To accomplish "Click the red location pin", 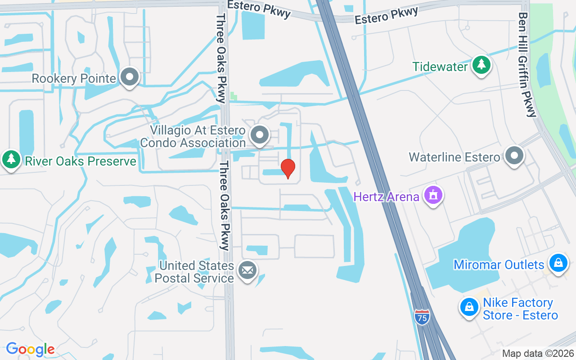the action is coord(288,168).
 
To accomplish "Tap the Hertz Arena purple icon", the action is coord(433,196).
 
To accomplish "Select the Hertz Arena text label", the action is coord(386,197).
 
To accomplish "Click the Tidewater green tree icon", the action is coord(481,65).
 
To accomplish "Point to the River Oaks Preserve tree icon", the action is coord(11,159).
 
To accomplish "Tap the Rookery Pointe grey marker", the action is coord(130,77).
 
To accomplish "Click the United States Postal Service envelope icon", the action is coord(247,271).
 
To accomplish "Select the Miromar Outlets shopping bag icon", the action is coord(558,262).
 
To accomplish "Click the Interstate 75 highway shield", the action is coord(422,316).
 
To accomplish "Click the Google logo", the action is coord(30,349).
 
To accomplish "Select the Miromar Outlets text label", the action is coord(499,265).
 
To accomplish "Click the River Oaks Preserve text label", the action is coord(81,161).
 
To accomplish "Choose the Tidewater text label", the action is coord(440,67).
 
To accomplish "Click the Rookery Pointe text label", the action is coord(74,79).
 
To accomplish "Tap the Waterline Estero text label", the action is coord(454,157).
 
